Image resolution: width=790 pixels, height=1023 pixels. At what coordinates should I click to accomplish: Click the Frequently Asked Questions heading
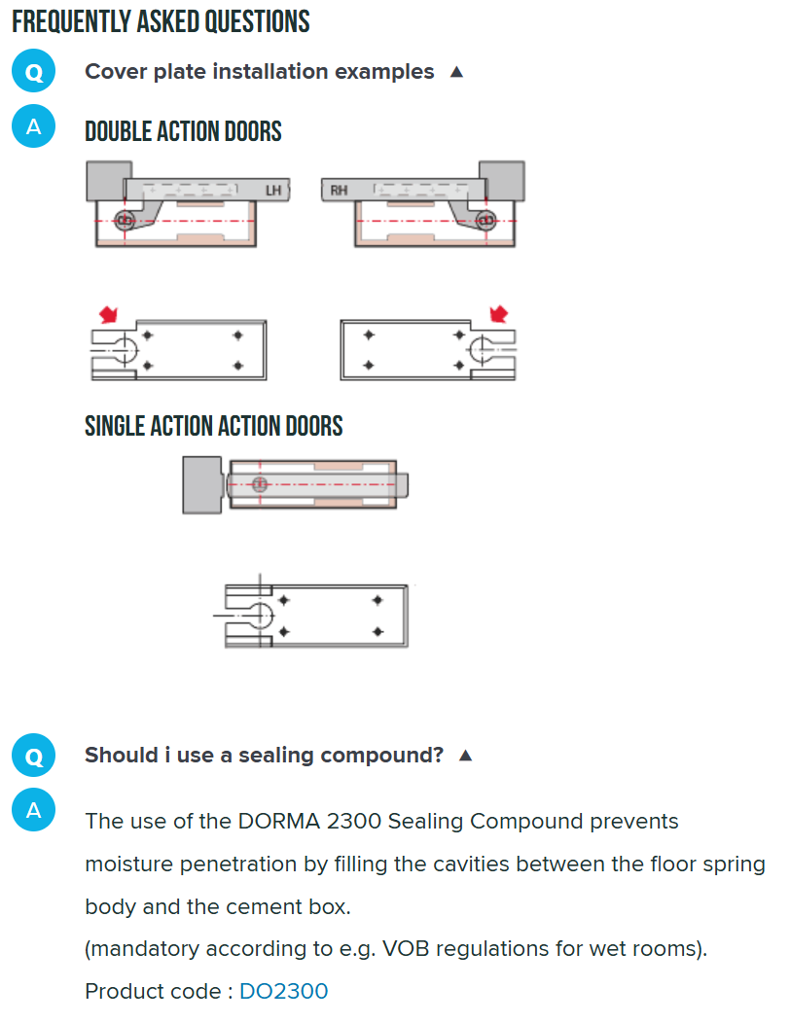click(x=161, y=21)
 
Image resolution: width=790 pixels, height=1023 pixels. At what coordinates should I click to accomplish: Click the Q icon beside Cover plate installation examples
click(x=34, y=73)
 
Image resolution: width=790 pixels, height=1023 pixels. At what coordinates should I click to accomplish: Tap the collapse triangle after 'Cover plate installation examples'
click(x=456, y=72)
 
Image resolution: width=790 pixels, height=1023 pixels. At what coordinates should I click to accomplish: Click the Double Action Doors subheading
click(x=183, y=131)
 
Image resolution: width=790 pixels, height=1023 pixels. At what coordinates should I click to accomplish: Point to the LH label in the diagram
click(x=273, y=191)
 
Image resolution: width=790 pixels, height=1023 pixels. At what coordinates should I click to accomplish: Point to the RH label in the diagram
click(x=338, y=191)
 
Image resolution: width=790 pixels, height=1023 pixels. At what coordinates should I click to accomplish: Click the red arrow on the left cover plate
click(x=109, y=313)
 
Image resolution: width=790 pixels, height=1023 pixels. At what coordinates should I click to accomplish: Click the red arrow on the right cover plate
click(x=499, y=313)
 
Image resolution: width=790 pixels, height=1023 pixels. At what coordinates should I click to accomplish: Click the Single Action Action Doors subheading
click(x=213, y=426)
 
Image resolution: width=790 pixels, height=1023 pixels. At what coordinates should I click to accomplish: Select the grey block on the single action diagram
click(x=201, y=484)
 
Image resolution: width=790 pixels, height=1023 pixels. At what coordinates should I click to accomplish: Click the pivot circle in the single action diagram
click(x=260, y=483)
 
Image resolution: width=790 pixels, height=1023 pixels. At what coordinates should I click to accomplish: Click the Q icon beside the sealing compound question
click(x=34, y=757)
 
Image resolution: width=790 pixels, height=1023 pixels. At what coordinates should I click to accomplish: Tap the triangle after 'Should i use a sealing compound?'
click(x=465, y=756)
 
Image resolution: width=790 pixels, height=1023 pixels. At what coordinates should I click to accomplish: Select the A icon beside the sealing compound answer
click(x=34, y=811)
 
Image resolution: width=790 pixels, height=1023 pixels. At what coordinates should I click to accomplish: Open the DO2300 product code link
click(x=283, y=992)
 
